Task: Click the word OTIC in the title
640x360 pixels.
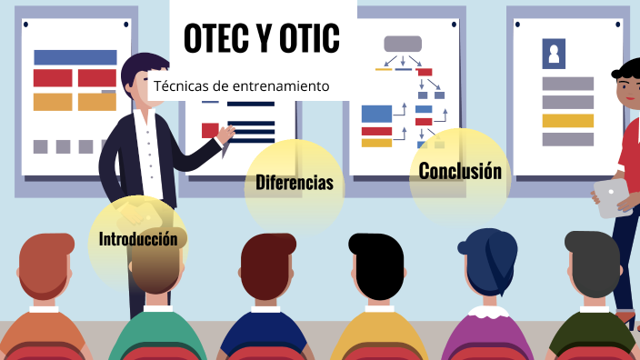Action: click(x=310, y=37)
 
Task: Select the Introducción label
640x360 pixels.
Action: click(x=138, y=239)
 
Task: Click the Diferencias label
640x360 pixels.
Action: click(x=294, y=183)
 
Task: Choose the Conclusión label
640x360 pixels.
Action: click(x=460, y=171)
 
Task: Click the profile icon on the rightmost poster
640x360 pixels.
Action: click(x=554, y=55)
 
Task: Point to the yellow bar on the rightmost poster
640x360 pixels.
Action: click(x=567, y=120)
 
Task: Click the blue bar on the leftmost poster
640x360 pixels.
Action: click(x=75, y=57)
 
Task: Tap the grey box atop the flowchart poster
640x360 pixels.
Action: click(x=403, y=44)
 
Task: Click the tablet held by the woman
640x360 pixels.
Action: click(x=611, y=196)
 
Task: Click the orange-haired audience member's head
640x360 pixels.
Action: click(x=47, y=265)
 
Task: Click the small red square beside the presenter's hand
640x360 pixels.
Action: click(x=210, y=129)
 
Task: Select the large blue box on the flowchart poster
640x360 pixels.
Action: click(x=376, y=114)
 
